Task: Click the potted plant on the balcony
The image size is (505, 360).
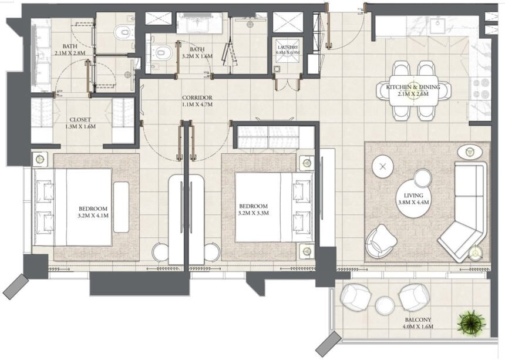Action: [472, 322]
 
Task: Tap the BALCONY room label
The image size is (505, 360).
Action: [418, 319]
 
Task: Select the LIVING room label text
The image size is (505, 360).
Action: [413, 196]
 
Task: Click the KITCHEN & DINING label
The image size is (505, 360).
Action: [413, 87]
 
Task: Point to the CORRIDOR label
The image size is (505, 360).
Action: [197, 97]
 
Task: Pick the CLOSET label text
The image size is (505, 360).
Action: [80, 120]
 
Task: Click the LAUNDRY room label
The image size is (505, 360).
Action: [288, 48]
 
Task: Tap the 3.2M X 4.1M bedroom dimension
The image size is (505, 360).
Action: [93, 216]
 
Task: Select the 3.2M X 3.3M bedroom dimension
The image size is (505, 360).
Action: [254, 213]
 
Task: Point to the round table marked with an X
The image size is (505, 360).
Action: [383, 167]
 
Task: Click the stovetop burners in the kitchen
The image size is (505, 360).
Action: [480, 89]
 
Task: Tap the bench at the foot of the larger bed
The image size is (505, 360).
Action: [121, 207]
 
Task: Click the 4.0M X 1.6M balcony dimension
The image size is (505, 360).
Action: [418, 327]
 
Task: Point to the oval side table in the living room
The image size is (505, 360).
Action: [470, 152]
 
